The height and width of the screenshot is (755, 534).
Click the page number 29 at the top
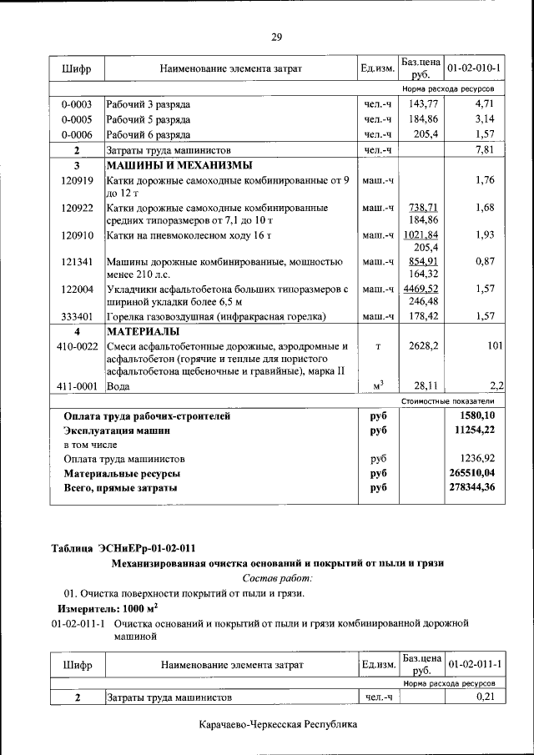(x=277, y=37)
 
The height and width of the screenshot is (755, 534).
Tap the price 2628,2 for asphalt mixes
(x=422, y=345)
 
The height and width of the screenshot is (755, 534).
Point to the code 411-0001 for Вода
(x=76, y=386)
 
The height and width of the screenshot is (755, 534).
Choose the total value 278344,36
(x=471, y=487)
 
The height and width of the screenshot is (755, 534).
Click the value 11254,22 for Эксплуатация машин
(x=473, y=430)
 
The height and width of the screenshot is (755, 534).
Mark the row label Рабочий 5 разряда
(x=149, y=119)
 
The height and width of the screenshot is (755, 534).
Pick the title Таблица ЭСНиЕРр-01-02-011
(x=123, y=548)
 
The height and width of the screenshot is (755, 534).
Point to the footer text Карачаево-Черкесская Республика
(x=279, y=725)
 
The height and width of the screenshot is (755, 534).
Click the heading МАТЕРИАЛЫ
(x=139, y=331)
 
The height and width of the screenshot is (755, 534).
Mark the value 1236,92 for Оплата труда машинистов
(x=474, y=459)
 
